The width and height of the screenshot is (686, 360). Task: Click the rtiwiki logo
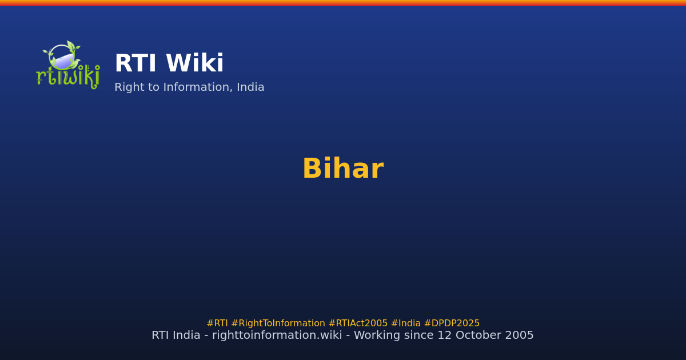point(67,65)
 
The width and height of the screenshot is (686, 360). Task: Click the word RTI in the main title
point(135,64)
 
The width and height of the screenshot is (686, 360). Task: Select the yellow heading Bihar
point(342,169)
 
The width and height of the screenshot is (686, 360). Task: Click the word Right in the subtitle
point(129,88)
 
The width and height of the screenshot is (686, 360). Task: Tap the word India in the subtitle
point(251,88)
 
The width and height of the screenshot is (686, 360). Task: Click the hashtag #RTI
point(217,323)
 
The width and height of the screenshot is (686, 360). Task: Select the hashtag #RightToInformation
point(278,323)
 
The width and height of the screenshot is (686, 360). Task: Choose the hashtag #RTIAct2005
point(358,323)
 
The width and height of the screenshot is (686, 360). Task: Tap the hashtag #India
point(405,323)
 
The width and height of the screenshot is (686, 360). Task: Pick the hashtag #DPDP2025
point(452,323)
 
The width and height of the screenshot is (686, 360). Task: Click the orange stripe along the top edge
point(343,2)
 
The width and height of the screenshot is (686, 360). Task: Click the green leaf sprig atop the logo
point(71,46)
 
